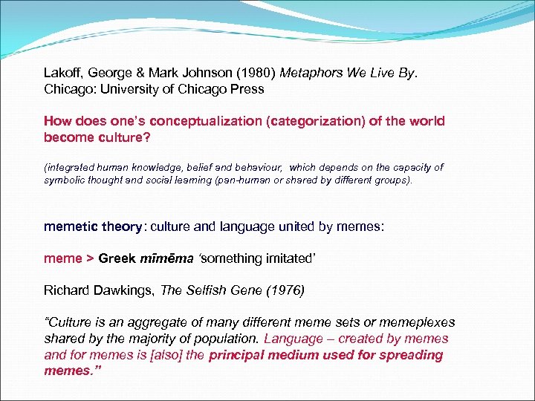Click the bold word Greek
[117, 258]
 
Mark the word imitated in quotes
[282, 258]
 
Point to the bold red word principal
[244, 354]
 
